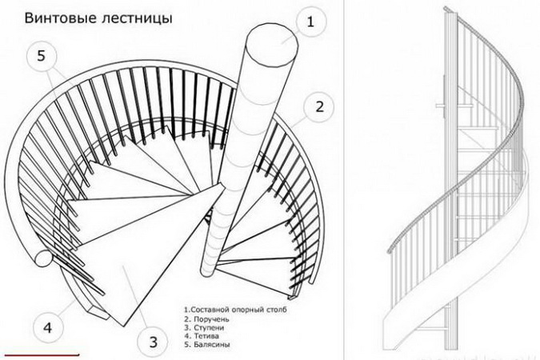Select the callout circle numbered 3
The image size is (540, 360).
(152, 342)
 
